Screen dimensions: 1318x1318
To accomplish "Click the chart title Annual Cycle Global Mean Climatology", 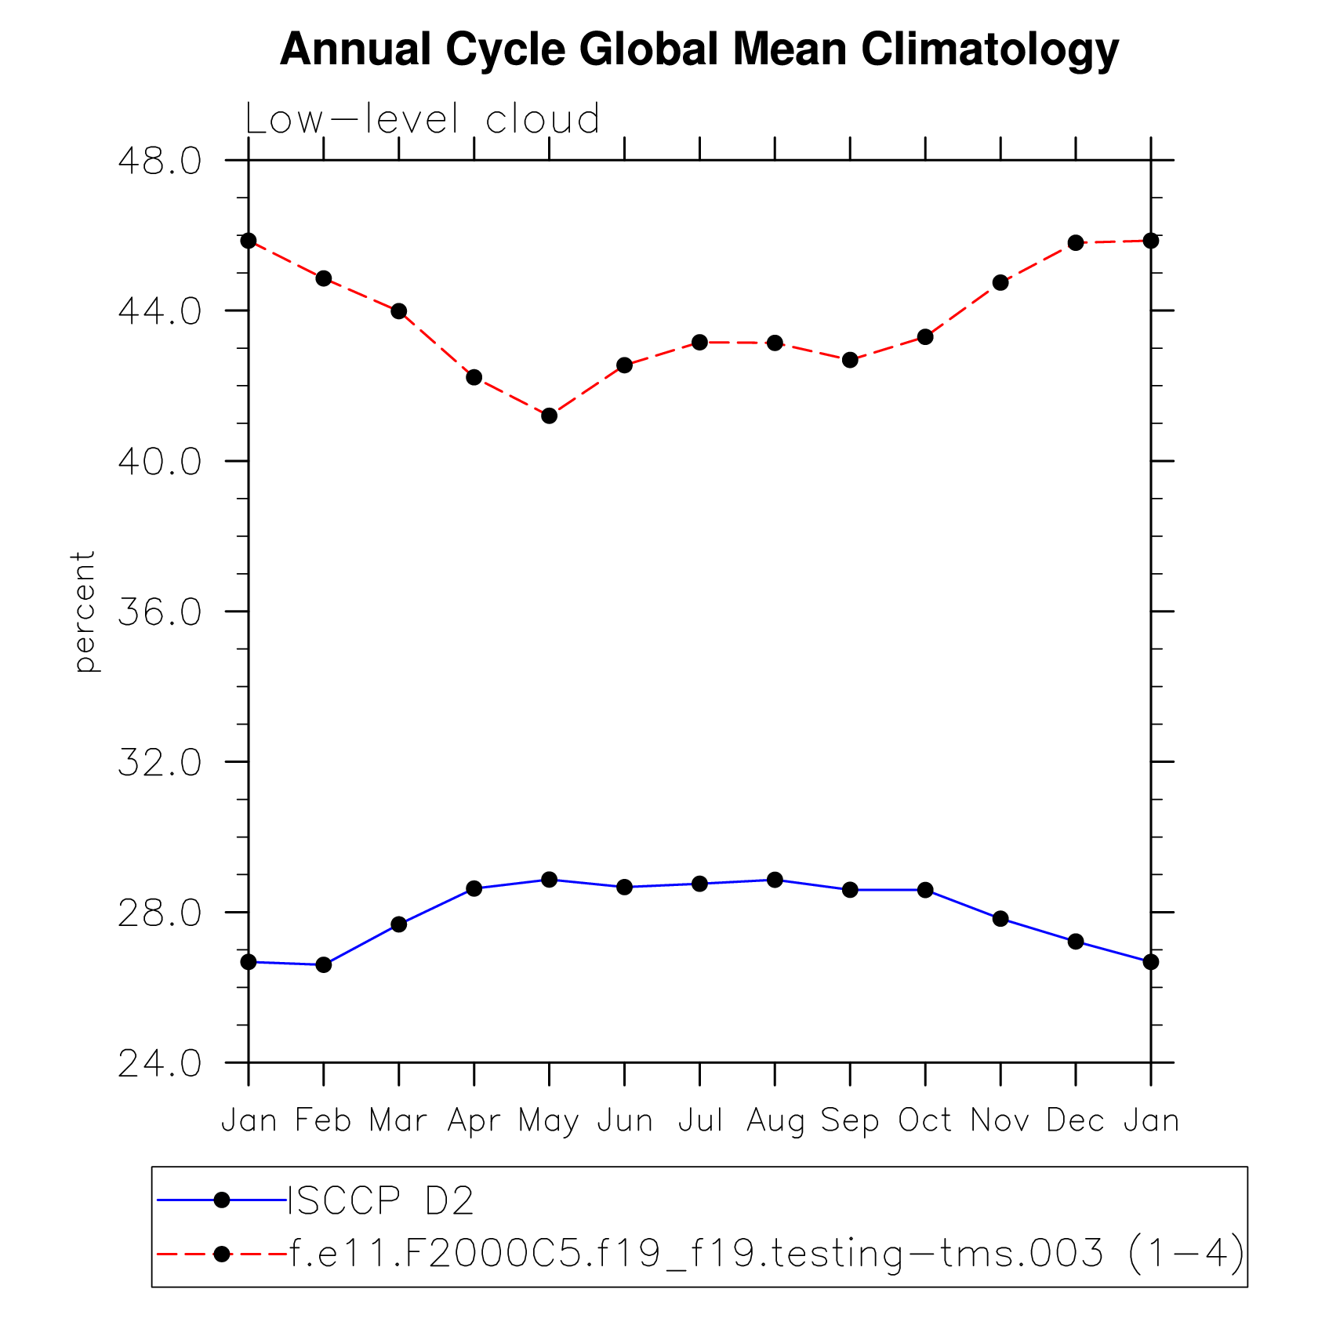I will click(699, 49).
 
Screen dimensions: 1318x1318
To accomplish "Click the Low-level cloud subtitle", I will click(423, 120).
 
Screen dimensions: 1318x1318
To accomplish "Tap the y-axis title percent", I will click(84, 612).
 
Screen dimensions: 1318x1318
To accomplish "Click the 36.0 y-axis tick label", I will click(160, 612).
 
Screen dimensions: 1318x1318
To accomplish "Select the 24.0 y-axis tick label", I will click(160, 1064).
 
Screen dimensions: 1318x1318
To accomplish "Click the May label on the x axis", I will click(549, 1121).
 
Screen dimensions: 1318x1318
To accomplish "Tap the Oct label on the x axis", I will click(925, 1121).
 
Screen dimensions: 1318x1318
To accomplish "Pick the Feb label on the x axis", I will click(323, 1121).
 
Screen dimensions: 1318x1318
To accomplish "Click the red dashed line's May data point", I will click(550, 416).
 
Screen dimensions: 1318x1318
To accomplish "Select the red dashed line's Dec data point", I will click(1076, 243).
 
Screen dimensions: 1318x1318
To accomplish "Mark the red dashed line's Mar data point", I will click(399, 311).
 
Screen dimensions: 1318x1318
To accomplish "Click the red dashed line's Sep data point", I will click(850, 361).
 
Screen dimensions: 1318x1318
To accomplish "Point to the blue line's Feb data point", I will click(324, 965).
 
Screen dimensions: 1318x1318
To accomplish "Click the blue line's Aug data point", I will click(775, 880).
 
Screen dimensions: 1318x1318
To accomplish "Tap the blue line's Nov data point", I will click(1000, 919).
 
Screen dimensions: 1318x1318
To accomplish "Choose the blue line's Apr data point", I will click(474, 888).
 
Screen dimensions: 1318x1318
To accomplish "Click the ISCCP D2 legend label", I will click(381, 1200).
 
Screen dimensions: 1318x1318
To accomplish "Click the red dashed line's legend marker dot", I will click(222, 1254).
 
